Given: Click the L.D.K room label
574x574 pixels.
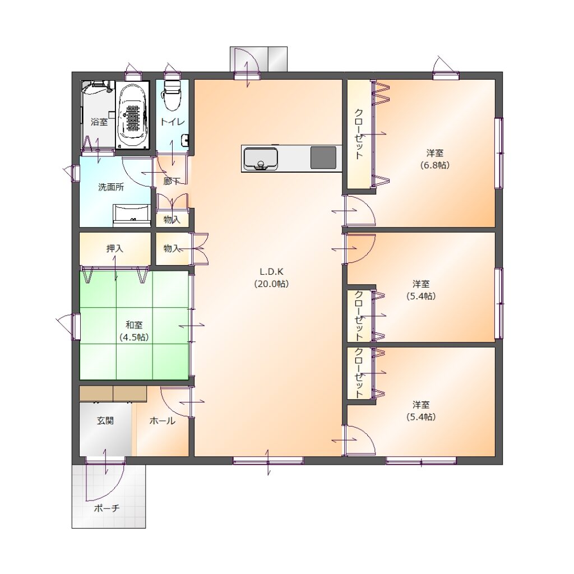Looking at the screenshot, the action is pos(271,277).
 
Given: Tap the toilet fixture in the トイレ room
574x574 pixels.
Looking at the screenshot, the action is pos(170,95).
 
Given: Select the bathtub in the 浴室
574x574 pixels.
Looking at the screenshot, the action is pos(132,114).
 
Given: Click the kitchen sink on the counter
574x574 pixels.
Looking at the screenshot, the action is pos(261,158).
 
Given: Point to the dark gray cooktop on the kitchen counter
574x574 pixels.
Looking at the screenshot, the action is pos(323,158).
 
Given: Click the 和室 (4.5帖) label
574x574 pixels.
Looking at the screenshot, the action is pos(134,331).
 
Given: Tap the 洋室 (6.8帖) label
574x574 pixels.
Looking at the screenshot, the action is pos(434,159).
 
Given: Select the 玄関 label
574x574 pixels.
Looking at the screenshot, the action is pos(105,420).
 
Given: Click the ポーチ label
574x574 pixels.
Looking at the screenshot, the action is pos(107,508).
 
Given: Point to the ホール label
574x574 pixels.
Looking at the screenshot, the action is pos(162,420).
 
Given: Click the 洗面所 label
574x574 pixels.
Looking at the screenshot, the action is pos(111,187).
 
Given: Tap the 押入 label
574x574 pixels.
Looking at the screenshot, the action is pos(114,248).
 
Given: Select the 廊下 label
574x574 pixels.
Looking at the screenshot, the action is pos(172,181).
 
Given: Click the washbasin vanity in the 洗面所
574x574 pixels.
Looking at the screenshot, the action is pos(132,215).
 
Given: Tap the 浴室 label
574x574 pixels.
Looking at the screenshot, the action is pos(99,122).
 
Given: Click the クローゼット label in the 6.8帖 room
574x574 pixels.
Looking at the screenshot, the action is pos(359,133).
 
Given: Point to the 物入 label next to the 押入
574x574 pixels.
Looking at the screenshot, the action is pos(172,248).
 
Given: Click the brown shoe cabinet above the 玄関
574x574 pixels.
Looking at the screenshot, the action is pos(113,394).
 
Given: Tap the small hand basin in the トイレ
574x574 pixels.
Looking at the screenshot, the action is pos(185,140).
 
